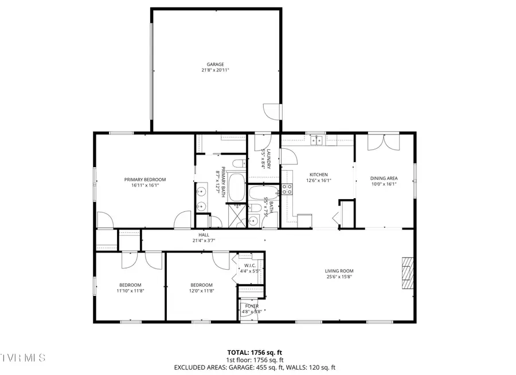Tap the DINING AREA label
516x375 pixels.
(x=384, y=178)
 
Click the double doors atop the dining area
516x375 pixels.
(x=383, y=141)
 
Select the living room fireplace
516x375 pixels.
(x=408, y=274)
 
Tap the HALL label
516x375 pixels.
(x=204, y=235)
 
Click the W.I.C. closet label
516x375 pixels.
(x=250, y=265)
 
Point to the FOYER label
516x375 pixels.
(x=252, y=306)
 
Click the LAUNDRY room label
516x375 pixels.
(x=264, y=158)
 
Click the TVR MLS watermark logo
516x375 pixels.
(x=23, y=358)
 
